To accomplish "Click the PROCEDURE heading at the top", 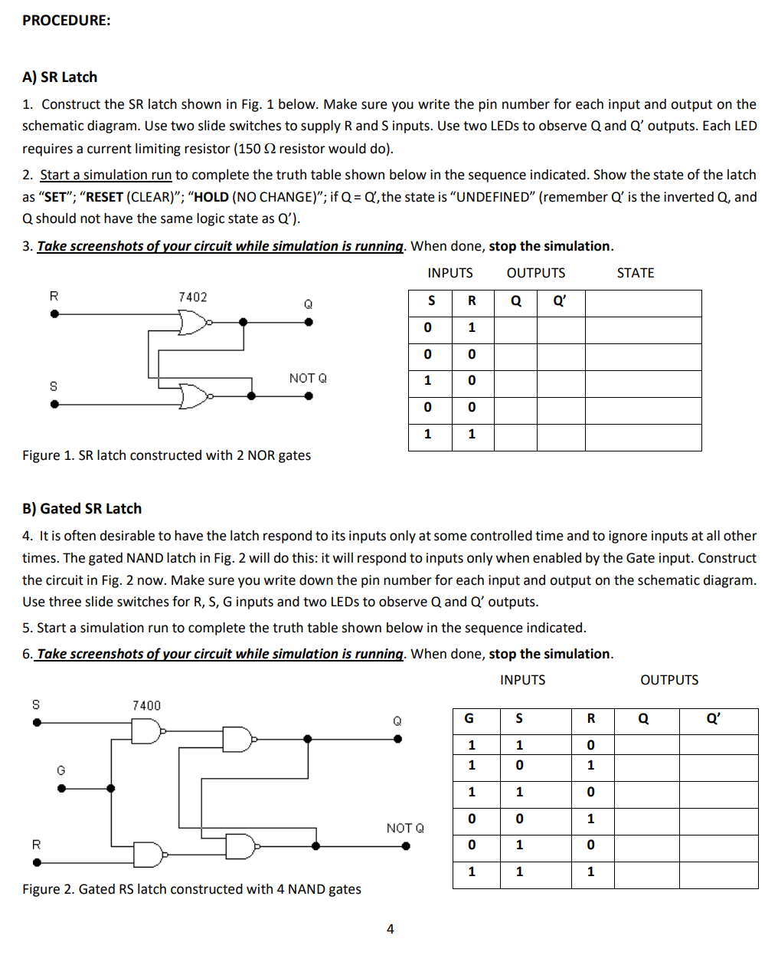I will [66, 21].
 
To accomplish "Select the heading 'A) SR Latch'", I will [60, 77].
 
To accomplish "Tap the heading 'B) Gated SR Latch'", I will [82, 508].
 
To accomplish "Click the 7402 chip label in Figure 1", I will [192, 297].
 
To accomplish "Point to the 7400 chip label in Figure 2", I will [146, 705].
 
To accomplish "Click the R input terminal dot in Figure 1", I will [54, 314].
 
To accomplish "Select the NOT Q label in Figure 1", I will [308, 378].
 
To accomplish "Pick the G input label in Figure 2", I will [61, 770].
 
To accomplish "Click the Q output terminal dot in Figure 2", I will [397, 739].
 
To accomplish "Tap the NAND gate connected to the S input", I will [147, 732].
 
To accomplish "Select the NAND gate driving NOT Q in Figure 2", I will [241, 846].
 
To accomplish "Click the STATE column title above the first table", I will [635, 273].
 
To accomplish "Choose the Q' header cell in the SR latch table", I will [561, 301].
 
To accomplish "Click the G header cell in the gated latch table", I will [469, 718].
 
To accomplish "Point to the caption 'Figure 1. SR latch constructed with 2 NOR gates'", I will [166, 455].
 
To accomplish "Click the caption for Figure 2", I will [191, 889].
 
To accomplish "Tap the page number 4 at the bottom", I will [390, 929].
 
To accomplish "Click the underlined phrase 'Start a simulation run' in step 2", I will [106, 175].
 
